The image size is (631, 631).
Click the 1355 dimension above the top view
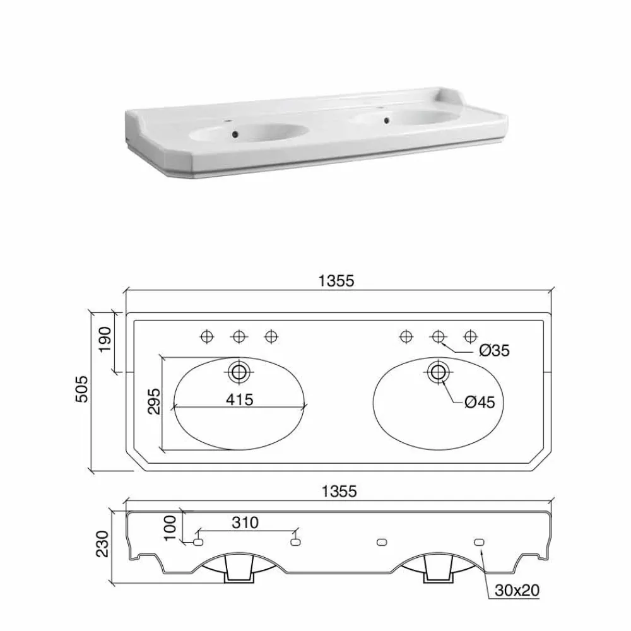coord(336,281)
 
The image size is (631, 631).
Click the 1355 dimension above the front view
coord(339,492)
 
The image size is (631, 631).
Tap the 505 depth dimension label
coord(81,389)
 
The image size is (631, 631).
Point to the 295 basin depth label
coord(154,401)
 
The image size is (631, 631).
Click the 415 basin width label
coord(240,399)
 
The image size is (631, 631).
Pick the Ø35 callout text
coord(494,350)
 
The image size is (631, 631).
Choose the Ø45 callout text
coord(480,402)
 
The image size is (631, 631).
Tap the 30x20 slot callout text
coord(517,590)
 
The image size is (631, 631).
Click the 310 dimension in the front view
coord(245,522)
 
